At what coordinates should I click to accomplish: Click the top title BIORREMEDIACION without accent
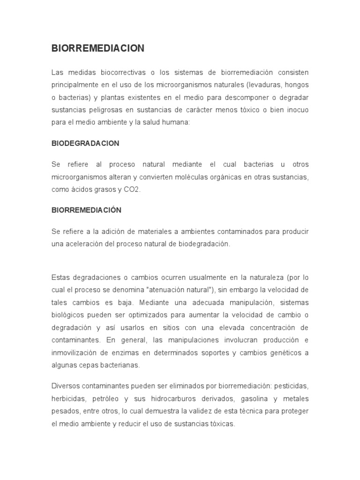(97, 48)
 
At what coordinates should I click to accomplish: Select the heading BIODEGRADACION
(85, 143)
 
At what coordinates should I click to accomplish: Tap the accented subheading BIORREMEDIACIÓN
(86, 210)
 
